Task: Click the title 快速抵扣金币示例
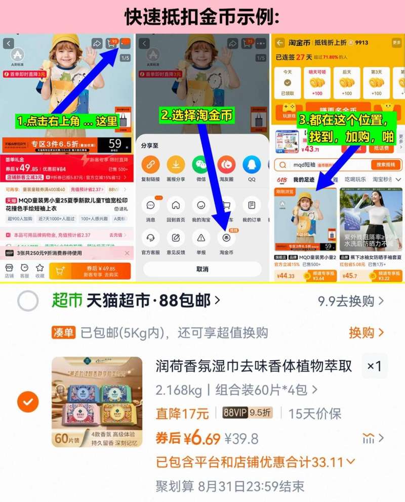[x=202, y=17]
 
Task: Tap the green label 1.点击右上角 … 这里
[x=67, y=121]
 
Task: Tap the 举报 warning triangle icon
[x=201, y=238]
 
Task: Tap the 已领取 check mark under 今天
[x=287, y=82]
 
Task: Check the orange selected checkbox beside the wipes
[x=27, y=402]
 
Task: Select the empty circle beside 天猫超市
[x=27, y=301]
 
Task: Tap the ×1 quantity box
[x=374, y=366]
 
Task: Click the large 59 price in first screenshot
[x=115, y=144]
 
